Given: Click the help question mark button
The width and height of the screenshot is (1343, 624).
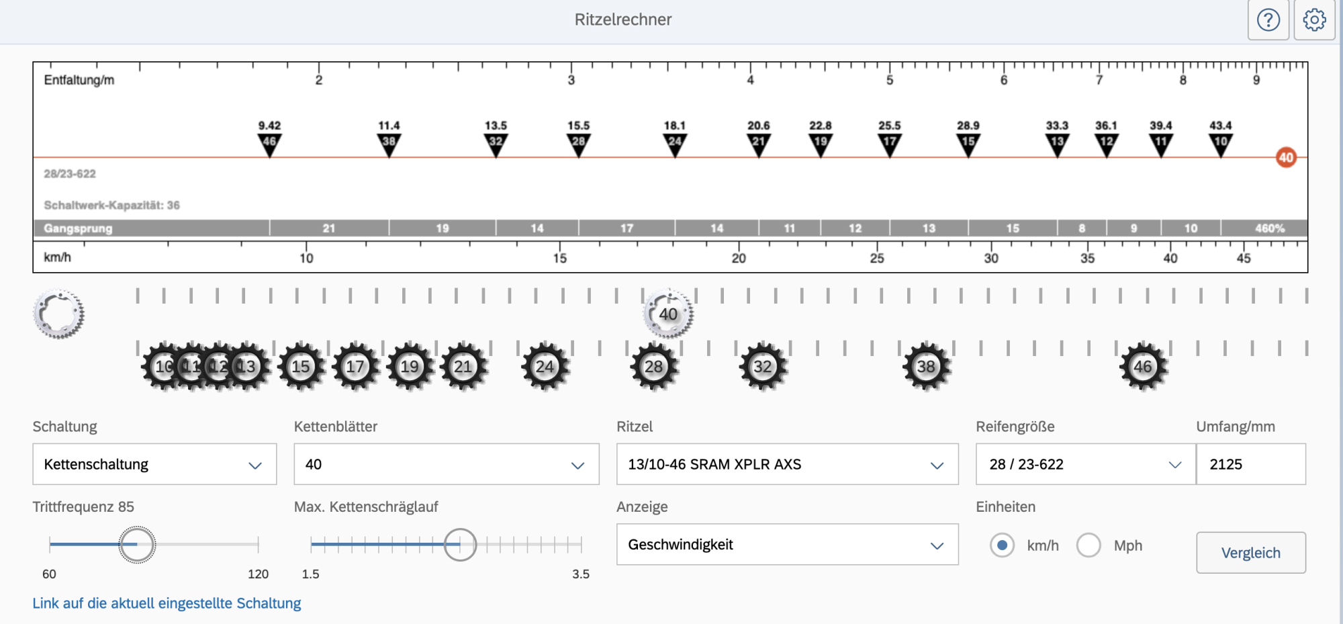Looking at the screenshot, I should tap(1268, 20).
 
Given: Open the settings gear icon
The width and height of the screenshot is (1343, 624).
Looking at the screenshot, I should tap(1314, 20).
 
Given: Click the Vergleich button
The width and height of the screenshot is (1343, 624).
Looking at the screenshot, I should tap(1250, 553).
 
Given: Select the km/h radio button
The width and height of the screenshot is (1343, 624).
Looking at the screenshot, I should tap(1002, 545).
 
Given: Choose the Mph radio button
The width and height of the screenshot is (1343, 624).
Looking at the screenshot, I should tap(1089, 545).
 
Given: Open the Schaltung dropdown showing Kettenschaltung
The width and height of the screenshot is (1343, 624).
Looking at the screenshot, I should tap(154, 464).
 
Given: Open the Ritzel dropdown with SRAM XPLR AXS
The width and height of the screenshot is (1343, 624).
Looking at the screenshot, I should tap(787, 464).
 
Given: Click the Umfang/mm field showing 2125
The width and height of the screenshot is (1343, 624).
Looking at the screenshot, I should tap(1250, 464).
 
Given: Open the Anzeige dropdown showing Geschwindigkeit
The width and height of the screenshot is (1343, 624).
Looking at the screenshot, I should tap(787, 545).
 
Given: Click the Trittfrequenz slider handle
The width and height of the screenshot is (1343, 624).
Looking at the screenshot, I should tap(137, 544).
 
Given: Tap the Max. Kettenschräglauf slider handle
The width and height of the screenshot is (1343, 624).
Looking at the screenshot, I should tap(460, 544).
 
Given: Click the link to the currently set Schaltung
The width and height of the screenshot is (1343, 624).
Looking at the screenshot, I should tap(167, 603).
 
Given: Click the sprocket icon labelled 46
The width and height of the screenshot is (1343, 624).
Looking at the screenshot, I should tap(1143, 367).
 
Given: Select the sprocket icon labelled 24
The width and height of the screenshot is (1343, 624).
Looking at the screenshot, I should tap(545, 367).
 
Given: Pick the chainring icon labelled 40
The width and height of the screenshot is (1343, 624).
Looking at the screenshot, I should tap(668, 314).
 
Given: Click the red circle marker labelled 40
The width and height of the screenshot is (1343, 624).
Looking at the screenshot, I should tap(1286, 158).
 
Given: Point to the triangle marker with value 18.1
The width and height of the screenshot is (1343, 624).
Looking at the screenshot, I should tap(675, 143).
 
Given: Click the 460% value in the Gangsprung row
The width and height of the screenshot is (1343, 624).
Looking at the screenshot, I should tap(1269, 228).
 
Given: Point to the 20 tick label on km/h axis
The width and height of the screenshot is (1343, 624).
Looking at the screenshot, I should tap(739, 259).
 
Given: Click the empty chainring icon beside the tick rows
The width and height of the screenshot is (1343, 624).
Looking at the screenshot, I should tap(58, 314).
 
